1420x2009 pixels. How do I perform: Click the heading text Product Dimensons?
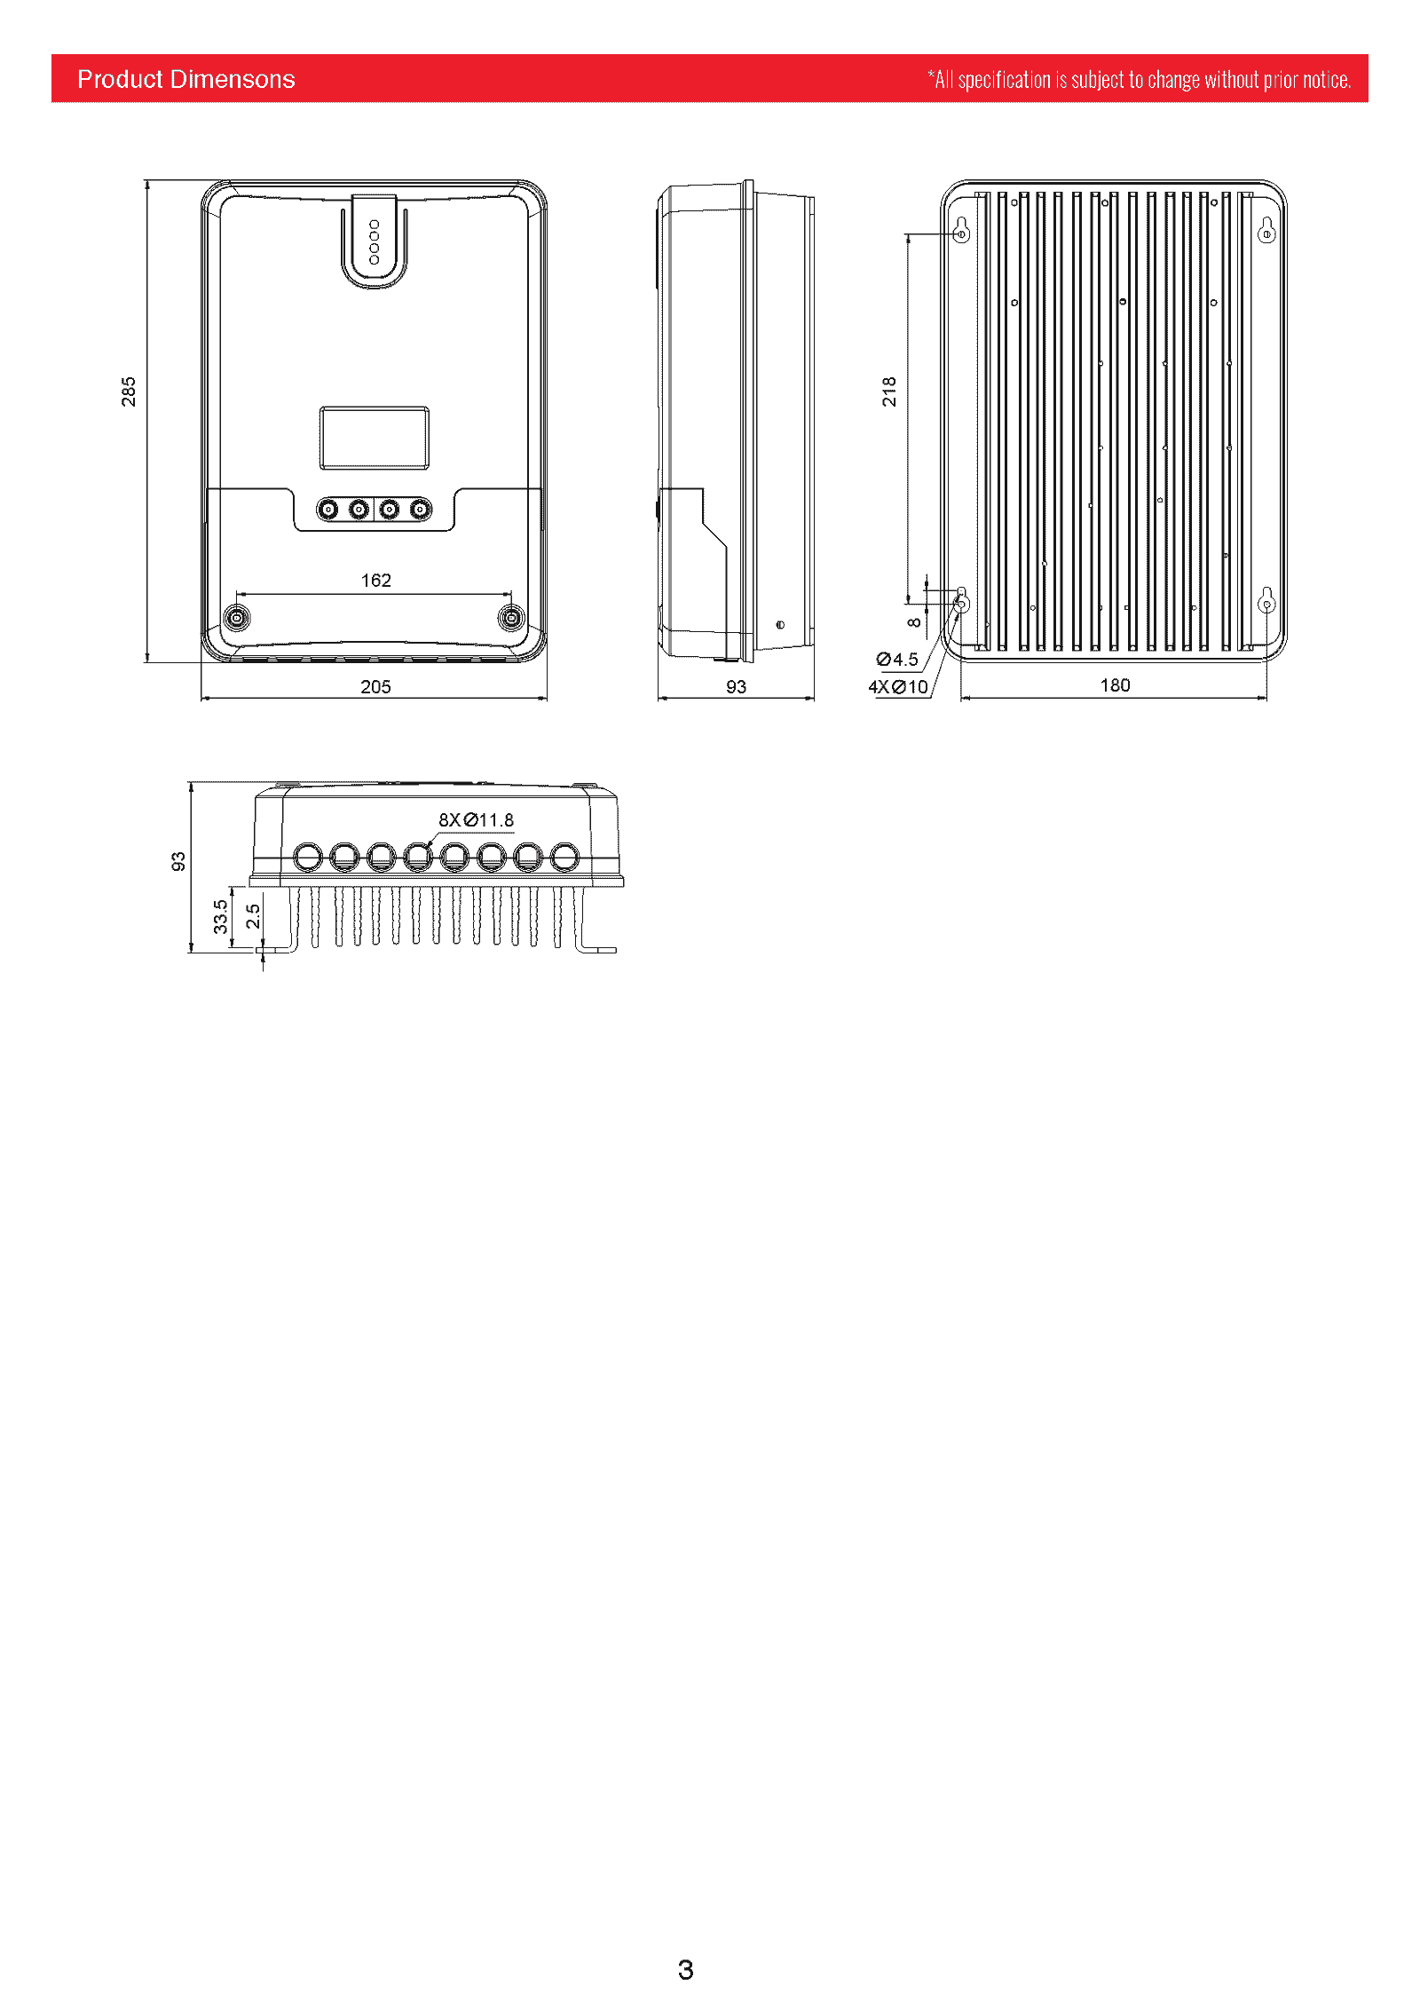pyautogui.click(x=185, y=79)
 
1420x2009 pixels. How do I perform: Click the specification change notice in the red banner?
pyautogui.click(x=1139, y=80)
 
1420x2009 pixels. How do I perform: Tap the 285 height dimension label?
pyautogui.click(x=129, y=392)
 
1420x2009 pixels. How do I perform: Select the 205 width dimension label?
pyautogui.click(x=375, y=686)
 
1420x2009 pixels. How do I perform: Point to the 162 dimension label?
pyautogui.click(x=375, y=580)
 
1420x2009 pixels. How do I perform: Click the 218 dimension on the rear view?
pyautogui.click(x=889, y=392)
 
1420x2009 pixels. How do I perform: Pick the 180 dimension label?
pyautogui.click(x=1115, y=684)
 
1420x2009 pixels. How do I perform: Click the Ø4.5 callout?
pyautogui.click(x=897, y=659)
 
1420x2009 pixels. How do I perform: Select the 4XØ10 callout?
pyautogui.click(x=897, y=686)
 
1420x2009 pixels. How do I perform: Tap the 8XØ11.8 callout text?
pyautogui.click(x=476, y=819)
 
